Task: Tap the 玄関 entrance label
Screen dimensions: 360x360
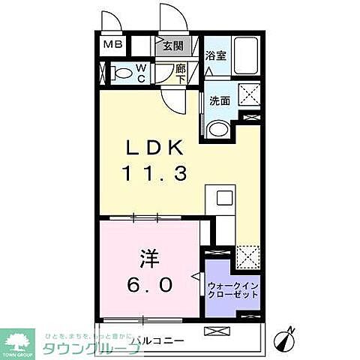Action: pyautogui.click(x=173, y=46)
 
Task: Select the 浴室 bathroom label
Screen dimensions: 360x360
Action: pyautogui.click(x=216, y=55)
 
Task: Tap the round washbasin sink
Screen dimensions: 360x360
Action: pyautogui.click(x=217, y=130)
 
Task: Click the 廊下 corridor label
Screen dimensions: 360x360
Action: pyautogui.click(x=181, y=73)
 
